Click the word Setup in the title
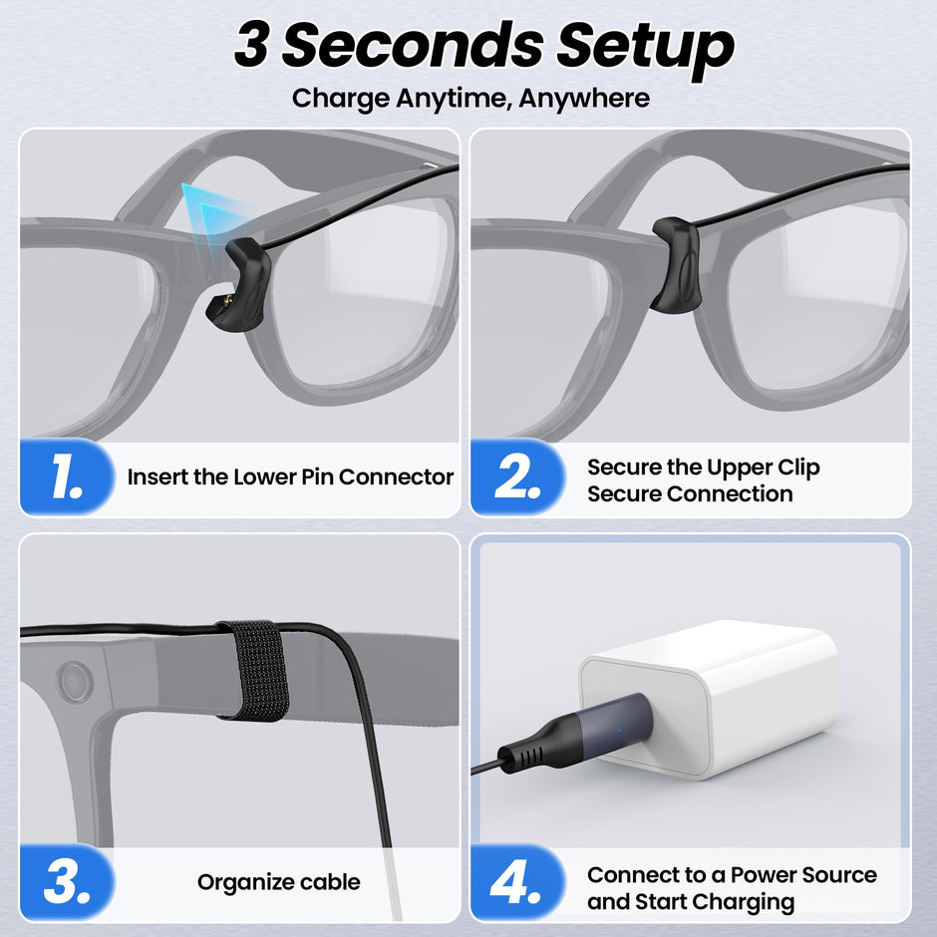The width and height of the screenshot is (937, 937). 644,46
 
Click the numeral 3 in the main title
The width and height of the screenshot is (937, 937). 251,46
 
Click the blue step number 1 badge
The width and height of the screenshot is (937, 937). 67,478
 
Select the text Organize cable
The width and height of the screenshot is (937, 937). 278,882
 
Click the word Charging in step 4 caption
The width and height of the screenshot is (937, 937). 745,903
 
